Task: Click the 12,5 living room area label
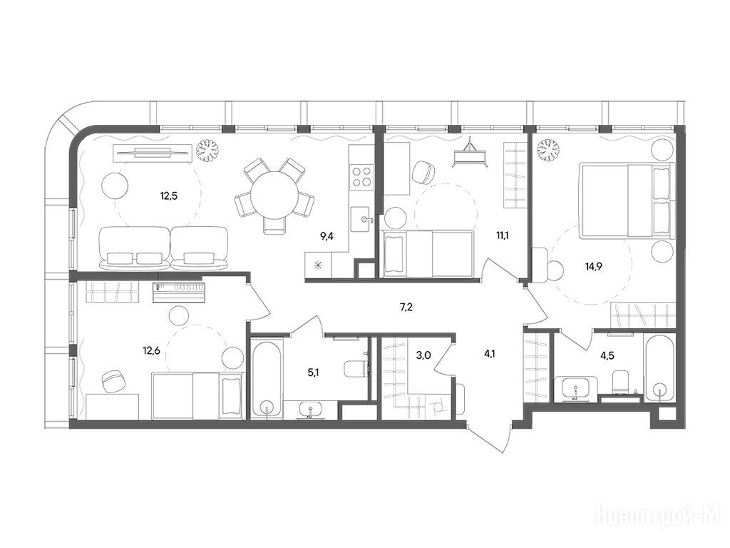169,196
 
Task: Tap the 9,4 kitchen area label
327,236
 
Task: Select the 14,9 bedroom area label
594,267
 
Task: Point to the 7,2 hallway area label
406,307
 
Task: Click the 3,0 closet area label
423,355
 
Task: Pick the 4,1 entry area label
489,353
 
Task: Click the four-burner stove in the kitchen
362,176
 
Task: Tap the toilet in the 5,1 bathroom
356,369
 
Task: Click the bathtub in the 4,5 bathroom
659,368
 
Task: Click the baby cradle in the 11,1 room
471,153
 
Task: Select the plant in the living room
207,151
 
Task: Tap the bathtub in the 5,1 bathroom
267,377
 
